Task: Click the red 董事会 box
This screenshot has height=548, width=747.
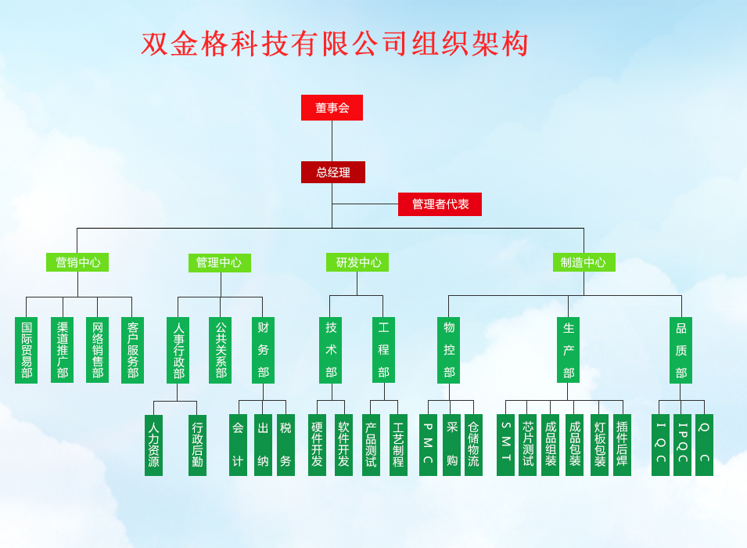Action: pyautogui.click(x=332, y=108)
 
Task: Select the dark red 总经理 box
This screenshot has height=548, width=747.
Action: pyautogui.click(x=333, y=172)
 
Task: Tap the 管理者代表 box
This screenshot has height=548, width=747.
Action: pyautogui.click(x=440, y=204)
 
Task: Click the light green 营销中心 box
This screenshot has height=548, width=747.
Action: pyautogui.click(x=77, y=262)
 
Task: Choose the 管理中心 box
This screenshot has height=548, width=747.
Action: pyautogui.click(x=219, y=262)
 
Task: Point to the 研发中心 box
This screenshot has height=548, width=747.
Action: pyautogui.click(x=357, y=262)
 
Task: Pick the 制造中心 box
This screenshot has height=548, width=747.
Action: pyautogui.click(x=584, y=262)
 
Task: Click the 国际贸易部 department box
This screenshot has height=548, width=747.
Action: pyautogui.click(x=27, y=350)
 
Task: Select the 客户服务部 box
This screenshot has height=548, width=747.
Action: pyautogui.click(x=132, y=350)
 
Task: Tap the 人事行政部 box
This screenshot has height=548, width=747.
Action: pyautogui.click(x=178, y=350)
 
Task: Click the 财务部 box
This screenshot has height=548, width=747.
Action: pyautogui.click(x=263, y=350)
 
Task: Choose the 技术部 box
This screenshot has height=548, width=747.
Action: pyautogui.click(x=331, y=350)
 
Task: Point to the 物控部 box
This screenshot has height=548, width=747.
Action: pyautogui.click(x=448, y=350)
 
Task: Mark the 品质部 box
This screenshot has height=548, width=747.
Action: pyautogui.click(x=681, y=350)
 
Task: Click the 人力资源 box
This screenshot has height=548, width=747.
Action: pyautogui.click(x=153, y=445)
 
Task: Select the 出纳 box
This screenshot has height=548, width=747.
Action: pyautogui.click(x=263, y=445)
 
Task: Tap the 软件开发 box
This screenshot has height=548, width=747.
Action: pyautogui.click(x=343, y=445)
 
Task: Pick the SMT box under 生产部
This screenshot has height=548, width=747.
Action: pyautogui.click(x=505, y=445)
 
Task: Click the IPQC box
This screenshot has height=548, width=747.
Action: pyautogui.click(x=682, y=445)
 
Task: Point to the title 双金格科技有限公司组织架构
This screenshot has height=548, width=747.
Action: pyautogui.click(x=335, y=45)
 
